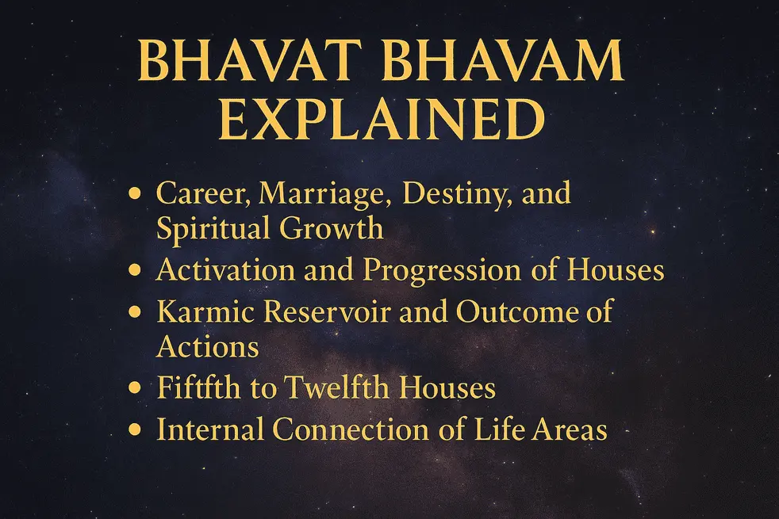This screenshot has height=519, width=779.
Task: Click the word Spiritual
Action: (213, 230)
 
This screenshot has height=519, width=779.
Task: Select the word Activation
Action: (220, 270)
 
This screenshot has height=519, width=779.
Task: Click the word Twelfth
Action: (328, 388)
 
